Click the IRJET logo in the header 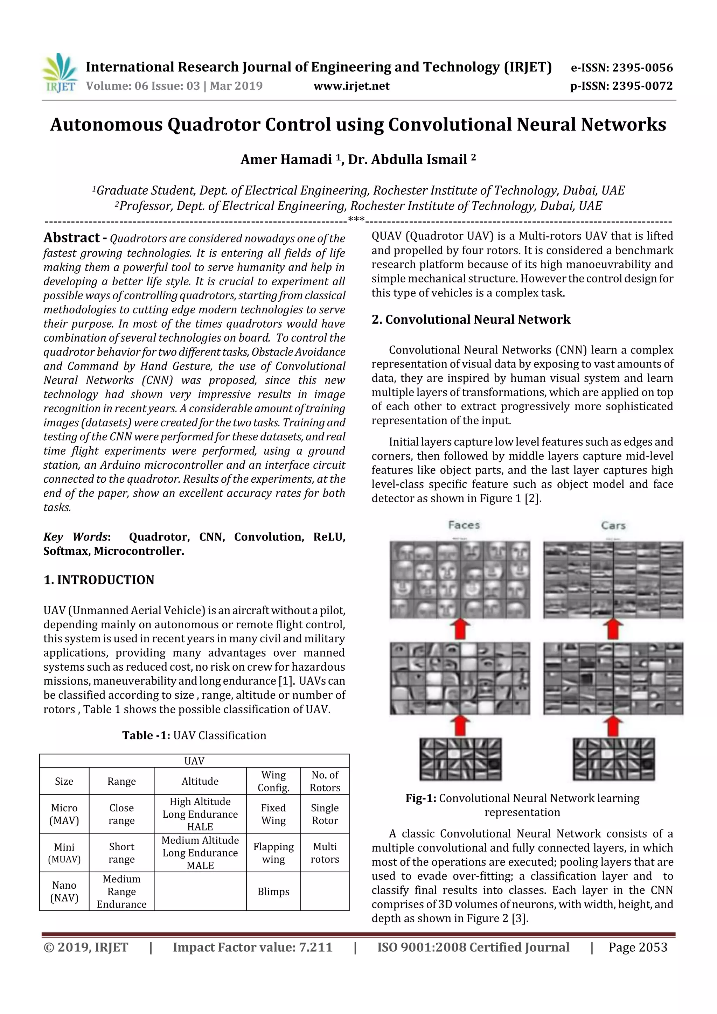[x=60, y=73]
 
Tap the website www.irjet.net [x=351, y=86]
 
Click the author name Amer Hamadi [x=286, y=159]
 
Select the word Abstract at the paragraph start [x=71, y=238]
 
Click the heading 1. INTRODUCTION [x=99, y=580]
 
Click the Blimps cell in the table [x=273, y=891]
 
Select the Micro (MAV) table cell [x=64, y=814]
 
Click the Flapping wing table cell [x=273, y=853]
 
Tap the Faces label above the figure [x=464, y=525]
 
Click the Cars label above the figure [x=613, y=525]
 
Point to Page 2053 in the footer [x=638, y=947]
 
